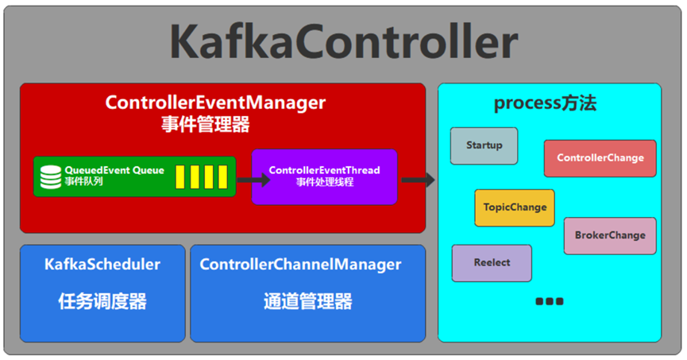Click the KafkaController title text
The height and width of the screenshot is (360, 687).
pos(343,41)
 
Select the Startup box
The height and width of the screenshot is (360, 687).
pos(484,145)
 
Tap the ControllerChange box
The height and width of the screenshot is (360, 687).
pos(600,158)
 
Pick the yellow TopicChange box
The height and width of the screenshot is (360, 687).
pos(515,207)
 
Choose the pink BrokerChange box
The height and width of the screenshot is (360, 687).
pos(610,235)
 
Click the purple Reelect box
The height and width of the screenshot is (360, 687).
pos(492,262)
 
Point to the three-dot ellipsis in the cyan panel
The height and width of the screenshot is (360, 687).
pos(549,301)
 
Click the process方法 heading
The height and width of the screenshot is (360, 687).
pos(545,103)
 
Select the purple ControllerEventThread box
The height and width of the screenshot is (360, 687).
pos(324,176)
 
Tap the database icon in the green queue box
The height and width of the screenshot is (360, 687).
pos(51,176)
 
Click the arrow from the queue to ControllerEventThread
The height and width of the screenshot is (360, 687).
pos(253,180)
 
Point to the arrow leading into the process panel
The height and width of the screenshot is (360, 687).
pos(418,180)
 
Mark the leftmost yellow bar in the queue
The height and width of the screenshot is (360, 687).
pos(180,176)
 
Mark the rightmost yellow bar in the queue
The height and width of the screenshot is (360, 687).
pos(223,176)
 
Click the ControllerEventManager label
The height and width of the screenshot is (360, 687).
pos(215,103)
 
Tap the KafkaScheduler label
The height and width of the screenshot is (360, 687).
pos(102,264)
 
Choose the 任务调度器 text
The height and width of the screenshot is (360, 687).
pos(102,301)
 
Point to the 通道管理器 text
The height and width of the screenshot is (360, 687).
pos(307,301)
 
